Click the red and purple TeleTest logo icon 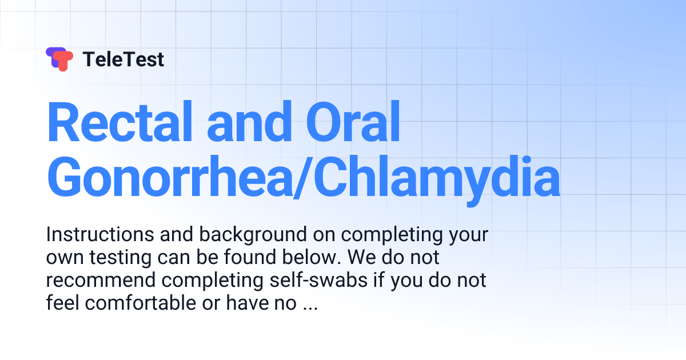click(59, 59)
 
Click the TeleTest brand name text click(123, 59)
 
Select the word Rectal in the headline click(119, 122)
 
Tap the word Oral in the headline click(353, 122)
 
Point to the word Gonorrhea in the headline click(170, 177)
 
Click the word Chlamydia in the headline click(437, 181)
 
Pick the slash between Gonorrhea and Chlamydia click(302, 178)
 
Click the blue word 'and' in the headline click(249, 122)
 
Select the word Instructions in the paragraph click(100, 234)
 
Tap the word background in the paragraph click(253, 235)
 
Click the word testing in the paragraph click(121, 258)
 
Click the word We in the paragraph click(362, 257)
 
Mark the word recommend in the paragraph click(101, 280)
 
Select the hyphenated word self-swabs click(318, 280)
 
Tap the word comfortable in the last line click(141, 303)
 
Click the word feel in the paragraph click(63, 303)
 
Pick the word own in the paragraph click(65, 259)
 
